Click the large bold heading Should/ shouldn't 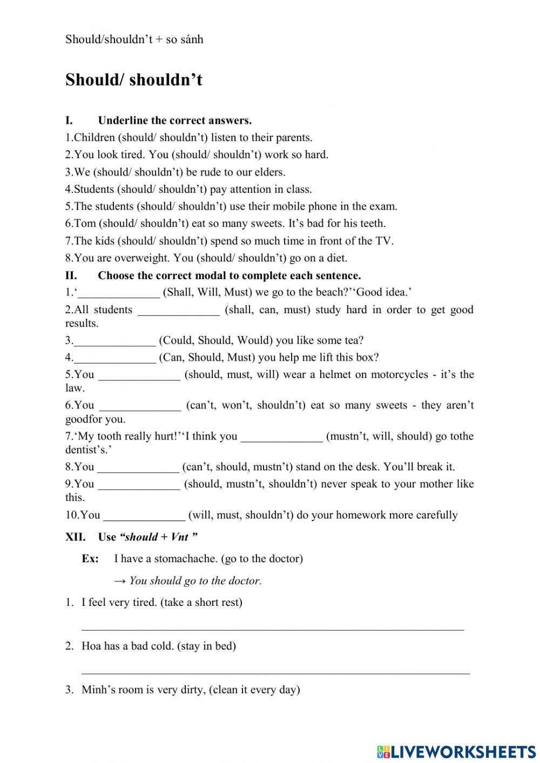pyautogui.click(x=133, y=80)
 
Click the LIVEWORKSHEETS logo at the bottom pyautogui.click(x=456, y=752)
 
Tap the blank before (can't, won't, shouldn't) pyautogui.click(x=140, y=406)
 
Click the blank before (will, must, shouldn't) pyautogui.click(x=144, y=516)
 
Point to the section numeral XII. pyautogui.click(x=75, y=537)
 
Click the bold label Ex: pyautogui.click(x=90, y=559)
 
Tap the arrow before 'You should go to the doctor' pyautogui.click(x=120, y=581)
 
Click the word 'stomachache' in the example pyautogui.click(x=185, y=559)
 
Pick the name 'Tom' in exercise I pyautogui.click(x=85, y=224)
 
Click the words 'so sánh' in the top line pyautogui.click(x=185, y=39)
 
